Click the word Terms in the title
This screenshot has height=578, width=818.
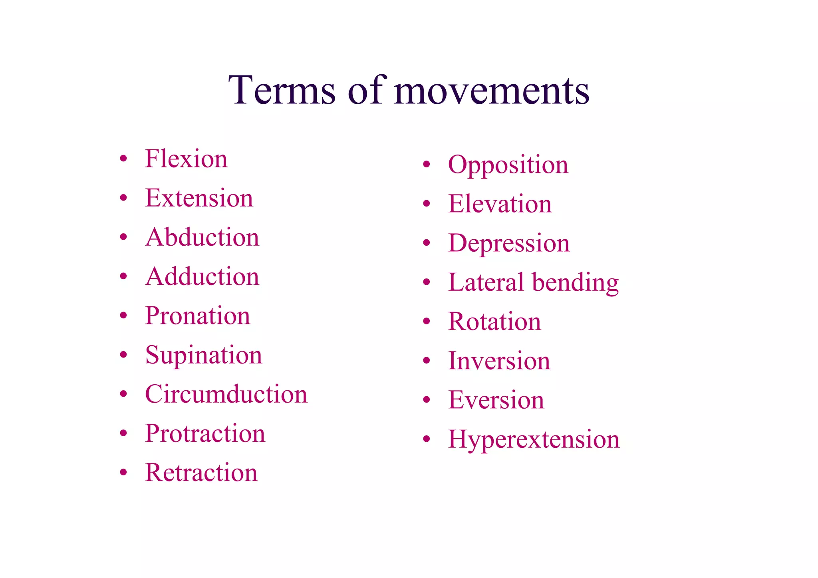[x=282, y=90]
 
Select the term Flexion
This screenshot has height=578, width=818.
[x=186, y=159]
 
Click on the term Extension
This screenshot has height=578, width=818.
[x=199, y=198]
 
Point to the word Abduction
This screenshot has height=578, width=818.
[x=202, y=237]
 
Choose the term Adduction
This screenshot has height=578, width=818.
[x=202, y=276]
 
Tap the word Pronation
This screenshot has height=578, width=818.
[x=197, y=316]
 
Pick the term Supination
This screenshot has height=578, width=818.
[x=204, y=355]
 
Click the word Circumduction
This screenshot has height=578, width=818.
[x=226, y=394]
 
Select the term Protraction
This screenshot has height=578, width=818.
[x=205, y=433]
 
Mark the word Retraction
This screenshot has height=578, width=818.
[x=201, y=473]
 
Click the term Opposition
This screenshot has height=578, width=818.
[x=508, y=165]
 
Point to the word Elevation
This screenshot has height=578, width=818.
[x=500, y=204]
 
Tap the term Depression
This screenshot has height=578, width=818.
[x=509, y=243]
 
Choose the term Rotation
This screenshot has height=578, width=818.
[x=494, y=322]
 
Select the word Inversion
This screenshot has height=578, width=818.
[x=499, y=361]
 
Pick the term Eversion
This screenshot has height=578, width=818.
[x=496, y=400]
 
